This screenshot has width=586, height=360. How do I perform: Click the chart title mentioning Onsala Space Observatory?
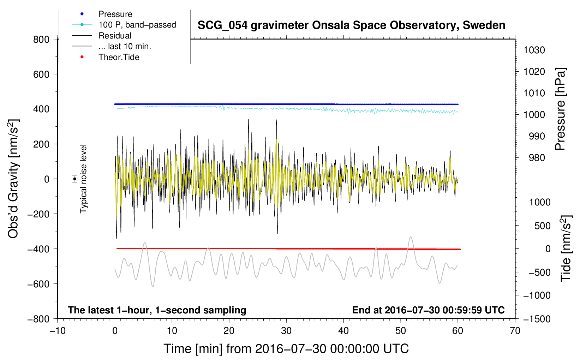pyautogui.click(x=351, y=25)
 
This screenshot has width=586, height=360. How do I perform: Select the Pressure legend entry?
pyautogui.click(x=115, y=14)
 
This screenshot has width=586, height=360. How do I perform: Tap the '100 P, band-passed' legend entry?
pyautogui.click(x=137, y=25)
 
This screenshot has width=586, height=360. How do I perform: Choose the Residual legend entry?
pyautogui.click(x=115, y=36)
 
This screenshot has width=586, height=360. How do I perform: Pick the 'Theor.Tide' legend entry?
pyautogui.click(x=119, y=57)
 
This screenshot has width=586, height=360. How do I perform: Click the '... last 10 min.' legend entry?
pyautogui.click(x=125, y=46)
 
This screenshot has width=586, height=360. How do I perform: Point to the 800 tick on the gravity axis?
pyautogui.click(x=41, y=40)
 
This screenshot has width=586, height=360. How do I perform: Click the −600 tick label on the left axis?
pyautogui.click(x=39, y=284)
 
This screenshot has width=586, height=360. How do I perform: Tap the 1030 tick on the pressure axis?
pyautogui.click(x=534, y=50)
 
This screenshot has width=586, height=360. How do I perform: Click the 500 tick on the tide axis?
pyautogui.click(x=543, y=226)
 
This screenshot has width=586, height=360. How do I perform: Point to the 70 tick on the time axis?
pyautogui.click(x=515, y=331)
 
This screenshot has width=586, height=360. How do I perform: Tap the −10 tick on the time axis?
pyautogui.click(x=58, y=331)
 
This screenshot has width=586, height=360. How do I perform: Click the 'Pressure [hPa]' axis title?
pyautogui.click(x=560, y=109)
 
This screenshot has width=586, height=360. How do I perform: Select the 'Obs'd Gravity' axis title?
pyautogui.click(x=13, y=179)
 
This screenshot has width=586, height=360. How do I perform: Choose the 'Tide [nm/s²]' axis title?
pyautogui.click(x=566, y=248)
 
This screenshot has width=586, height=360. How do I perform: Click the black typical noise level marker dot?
pyautogui.click(x=75, y=179)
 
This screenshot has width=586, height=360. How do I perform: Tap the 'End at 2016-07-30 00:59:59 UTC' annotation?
pyautogui.click(x=428, y=310)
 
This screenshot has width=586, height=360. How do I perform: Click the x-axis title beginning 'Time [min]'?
pyautogui.click(x=286, y=349)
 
